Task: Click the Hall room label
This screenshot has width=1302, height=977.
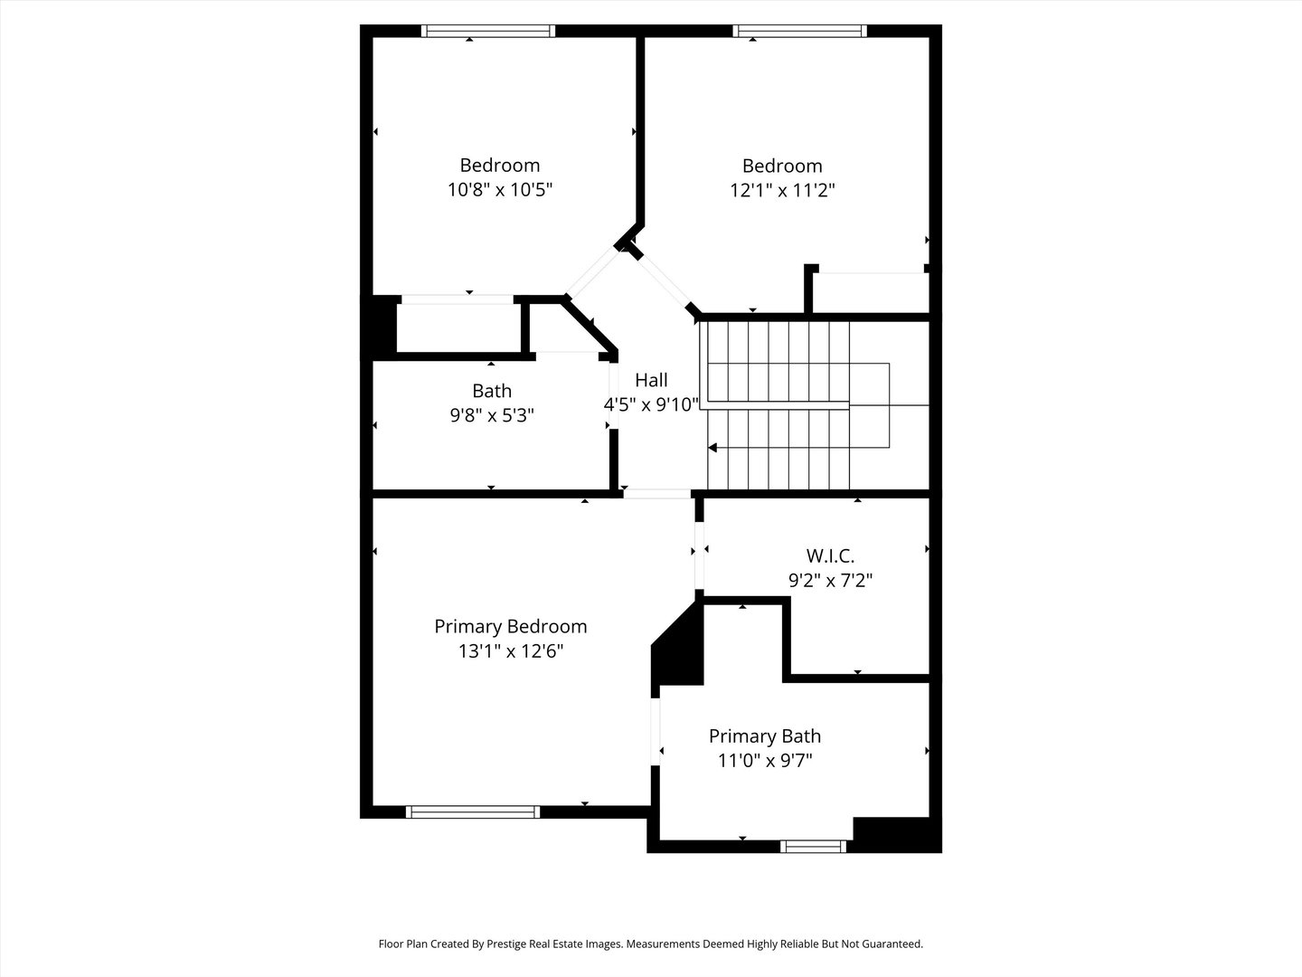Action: pos(651,380)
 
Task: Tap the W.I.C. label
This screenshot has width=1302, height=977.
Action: pos(830,555)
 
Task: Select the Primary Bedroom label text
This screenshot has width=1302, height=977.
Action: pos(510,626)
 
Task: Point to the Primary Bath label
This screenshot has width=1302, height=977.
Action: pos(764,736)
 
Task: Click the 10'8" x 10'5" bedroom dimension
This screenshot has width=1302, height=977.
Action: pos(499,190)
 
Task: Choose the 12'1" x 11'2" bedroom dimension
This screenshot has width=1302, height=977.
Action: pos(782,191)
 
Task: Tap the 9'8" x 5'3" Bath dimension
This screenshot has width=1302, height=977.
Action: pos(492,415)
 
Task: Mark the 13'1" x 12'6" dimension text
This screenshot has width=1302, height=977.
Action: pos(510,650)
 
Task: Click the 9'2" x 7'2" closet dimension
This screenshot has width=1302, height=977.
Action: pos(830,580)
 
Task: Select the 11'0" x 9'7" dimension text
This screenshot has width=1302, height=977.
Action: pos(765,761)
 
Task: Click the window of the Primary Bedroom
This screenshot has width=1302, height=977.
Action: pos(473,811)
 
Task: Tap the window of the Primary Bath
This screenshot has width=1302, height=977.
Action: pos(813,847)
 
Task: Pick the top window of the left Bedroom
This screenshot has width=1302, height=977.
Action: pos(488,31)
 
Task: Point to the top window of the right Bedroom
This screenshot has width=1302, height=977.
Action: pos(800,31)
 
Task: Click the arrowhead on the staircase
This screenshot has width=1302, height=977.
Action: pos(712,447)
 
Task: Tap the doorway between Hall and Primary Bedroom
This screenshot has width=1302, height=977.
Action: pos(657,494)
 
